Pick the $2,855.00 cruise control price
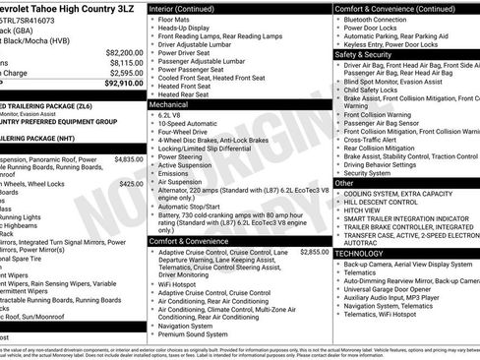tap(314, 252)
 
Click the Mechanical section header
tap(169, 102)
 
